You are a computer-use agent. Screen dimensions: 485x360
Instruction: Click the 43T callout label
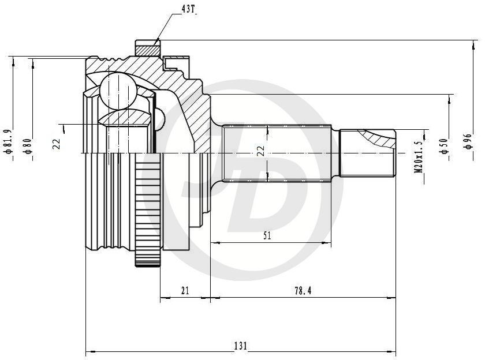coord(188,9)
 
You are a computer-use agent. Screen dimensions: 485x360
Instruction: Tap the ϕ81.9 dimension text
coord(8,141)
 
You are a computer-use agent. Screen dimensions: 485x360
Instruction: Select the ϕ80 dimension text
coord(28,146)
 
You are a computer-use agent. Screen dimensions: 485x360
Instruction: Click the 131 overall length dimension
coord(240,346)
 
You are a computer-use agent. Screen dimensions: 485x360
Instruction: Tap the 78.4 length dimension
coord(303,291)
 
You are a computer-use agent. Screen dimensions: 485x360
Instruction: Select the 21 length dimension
coord(185,291)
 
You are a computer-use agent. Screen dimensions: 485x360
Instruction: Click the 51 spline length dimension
coord(267,236)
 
